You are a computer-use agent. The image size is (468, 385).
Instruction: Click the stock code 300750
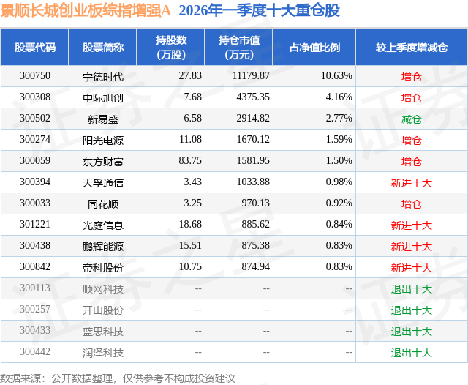point(35,76)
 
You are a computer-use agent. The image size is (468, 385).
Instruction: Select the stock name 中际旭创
point(103,97)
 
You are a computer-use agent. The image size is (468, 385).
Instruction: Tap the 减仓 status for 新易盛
point(412,119)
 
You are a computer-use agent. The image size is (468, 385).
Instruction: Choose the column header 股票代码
point(35,47)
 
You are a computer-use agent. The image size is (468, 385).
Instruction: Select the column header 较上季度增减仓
point(412,47)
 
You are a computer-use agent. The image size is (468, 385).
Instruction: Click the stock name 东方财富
point(103,161)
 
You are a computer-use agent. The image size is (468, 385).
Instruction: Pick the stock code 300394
point(35,182)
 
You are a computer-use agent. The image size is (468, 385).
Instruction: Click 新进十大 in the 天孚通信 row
point(412,182)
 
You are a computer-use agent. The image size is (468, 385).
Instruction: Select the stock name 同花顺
point(103,203)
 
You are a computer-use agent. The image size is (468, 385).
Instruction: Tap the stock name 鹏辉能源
point(103,247)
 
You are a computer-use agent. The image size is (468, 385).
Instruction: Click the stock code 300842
point(35,268)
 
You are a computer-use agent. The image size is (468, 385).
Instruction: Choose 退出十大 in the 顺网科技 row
point(412,289)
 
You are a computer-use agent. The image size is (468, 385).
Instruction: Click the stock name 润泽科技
point(103,353)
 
